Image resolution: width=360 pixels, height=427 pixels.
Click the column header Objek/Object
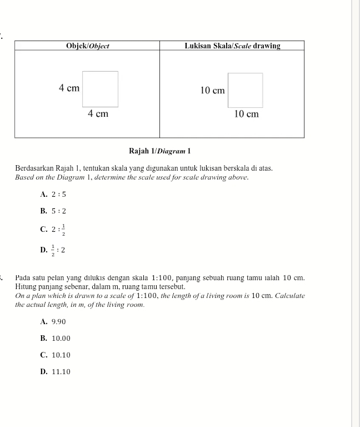click(87, 46)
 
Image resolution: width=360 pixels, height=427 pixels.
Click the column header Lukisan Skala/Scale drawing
click(232, 46)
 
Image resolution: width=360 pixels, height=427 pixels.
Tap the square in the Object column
click(101, 88)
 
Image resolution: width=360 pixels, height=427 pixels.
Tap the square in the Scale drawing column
click(246, 90)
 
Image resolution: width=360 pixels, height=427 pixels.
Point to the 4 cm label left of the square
click(69, 88)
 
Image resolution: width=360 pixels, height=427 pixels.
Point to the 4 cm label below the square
click(98, 114)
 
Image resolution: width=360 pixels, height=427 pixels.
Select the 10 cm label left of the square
click(212, 90)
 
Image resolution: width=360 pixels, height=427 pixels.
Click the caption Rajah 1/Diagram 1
click(159, 151)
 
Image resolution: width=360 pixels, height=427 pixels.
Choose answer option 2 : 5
click(58, 195)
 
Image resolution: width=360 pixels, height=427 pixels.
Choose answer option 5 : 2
click(58, 211)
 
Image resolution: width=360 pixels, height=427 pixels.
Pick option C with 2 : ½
click(58, 229)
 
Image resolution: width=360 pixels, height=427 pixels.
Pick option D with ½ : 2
click(58, 250)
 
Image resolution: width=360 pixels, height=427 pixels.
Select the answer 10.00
click(61, 339)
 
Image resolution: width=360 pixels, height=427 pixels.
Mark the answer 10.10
click(61, 355)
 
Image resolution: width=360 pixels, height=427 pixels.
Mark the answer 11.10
click(61, 372)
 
